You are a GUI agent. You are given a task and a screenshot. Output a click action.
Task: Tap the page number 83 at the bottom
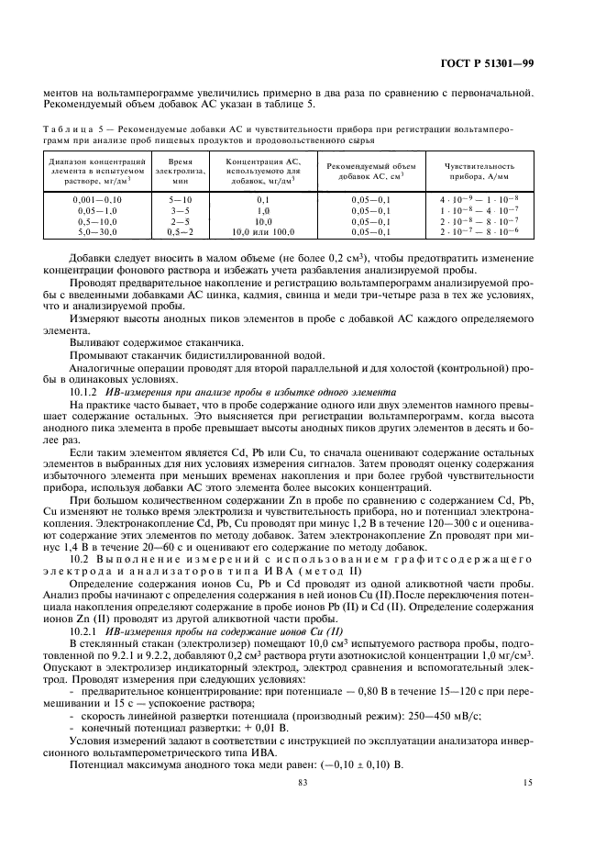pos(303,807)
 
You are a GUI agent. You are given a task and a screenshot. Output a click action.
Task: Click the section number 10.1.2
pos(86,390)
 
